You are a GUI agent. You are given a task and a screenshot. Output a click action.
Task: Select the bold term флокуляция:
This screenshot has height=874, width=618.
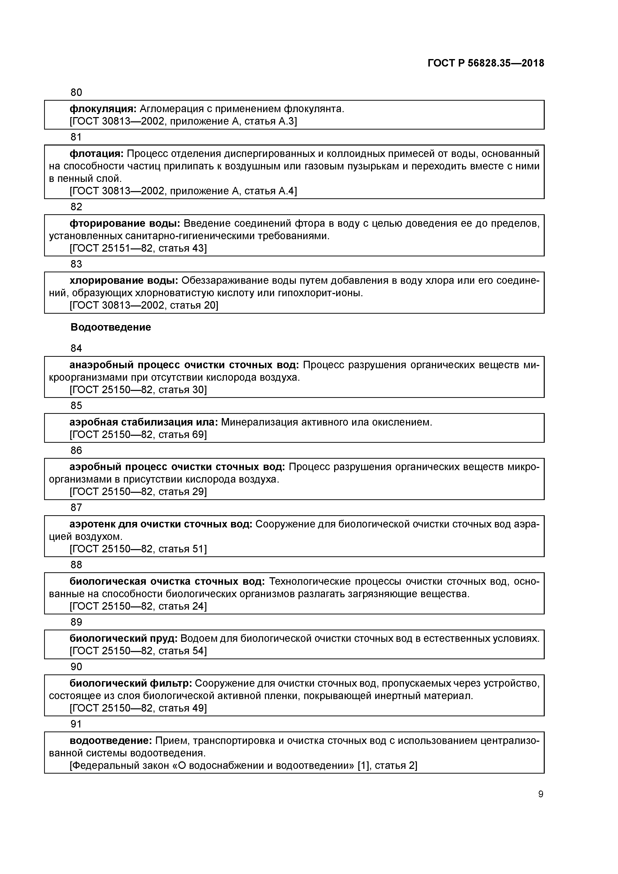tap(103, 109)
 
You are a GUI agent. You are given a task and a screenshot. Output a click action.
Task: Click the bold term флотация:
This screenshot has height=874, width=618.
tap(96, 154)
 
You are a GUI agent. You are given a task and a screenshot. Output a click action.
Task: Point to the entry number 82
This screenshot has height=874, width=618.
tap(76, 207)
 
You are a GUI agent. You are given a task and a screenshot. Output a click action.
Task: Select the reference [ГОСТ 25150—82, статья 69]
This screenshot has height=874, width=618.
tap(138, 435)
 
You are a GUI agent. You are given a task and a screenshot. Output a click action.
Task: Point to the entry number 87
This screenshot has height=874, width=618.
tap(76, 508)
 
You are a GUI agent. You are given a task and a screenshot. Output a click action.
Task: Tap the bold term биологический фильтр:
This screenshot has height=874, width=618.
tap(131, 683)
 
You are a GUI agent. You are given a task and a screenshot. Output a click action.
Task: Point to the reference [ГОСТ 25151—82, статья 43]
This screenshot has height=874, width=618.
tap(138, 249)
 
